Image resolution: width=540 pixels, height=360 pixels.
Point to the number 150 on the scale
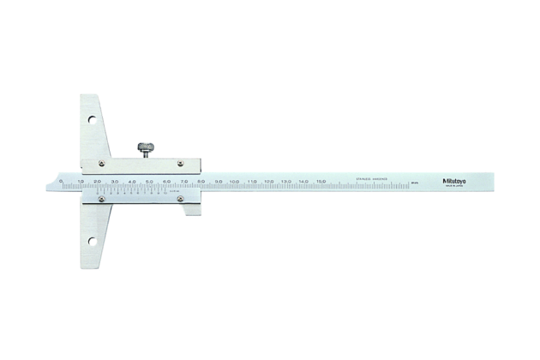tap(321, 182)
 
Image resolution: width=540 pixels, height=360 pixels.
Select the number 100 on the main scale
tap(234, 182)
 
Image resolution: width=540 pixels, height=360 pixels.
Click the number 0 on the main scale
tap(61, 181)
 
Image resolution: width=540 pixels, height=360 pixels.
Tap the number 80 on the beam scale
tap(201, 182)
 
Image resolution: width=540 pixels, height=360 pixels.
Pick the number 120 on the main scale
tap(268, 182)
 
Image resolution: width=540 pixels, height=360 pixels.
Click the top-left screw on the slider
tap(100, 163)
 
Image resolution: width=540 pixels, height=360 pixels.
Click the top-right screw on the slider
tap(181, 163)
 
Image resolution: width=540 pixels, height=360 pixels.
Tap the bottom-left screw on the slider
tap(100, 199)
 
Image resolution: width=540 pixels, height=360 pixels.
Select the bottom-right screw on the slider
tap(181, 199)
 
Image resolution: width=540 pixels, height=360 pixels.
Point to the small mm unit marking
tap(414, 182)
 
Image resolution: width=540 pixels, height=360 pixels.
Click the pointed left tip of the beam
tap(49, 182)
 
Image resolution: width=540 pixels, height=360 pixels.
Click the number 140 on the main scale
tap(303, 182)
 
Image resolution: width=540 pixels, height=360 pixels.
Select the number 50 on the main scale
tap(148, 182)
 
